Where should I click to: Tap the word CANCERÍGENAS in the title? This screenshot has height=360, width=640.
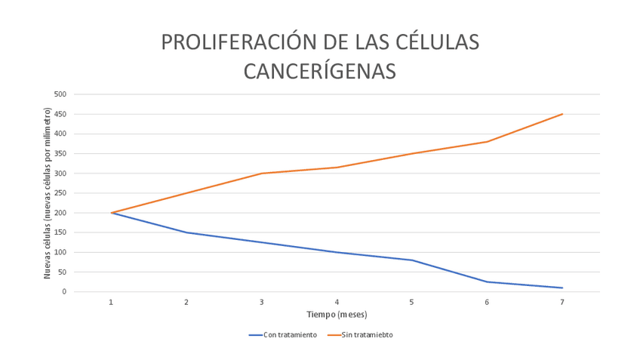coord(320,70)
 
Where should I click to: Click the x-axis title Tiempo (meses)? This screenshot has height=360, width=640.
coord(337,314)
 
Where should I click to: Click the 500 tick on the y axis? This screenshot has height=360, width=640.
coord(60,94)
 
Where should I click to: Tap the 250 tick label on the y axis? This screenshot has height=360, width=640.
coord(60,193)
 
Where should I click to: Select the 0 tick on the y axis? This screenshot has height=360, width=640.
coord(64,291)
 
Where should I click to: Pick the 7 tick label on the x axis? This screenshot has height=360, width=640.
coord(562,302)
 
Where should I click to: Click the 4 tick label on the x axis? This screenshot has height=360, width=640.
coord(337,302)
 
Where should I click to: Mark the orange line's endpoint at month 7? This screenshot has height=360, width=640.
coord(562,114)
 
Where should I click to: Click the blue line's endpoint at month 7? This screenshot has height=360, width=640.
coord(562,288)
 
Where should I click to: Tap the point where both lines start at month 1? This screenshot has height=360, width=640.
coord(112,213)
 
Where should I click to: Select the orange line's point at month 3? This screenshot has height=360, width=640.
coord(262,174)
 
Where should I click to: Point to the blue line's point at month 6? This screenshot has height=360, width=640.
coord(487,282)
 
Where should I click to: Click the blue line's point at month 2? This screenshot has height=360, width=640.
coord(186,232)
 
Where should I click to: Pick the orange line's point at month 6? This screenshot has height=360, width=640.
coord(487,142)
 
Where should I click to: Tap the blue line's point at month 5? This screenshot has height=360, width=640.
coord(411,260)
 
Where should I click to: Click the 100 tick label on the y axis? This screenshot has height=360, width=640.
coord(60,252)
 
